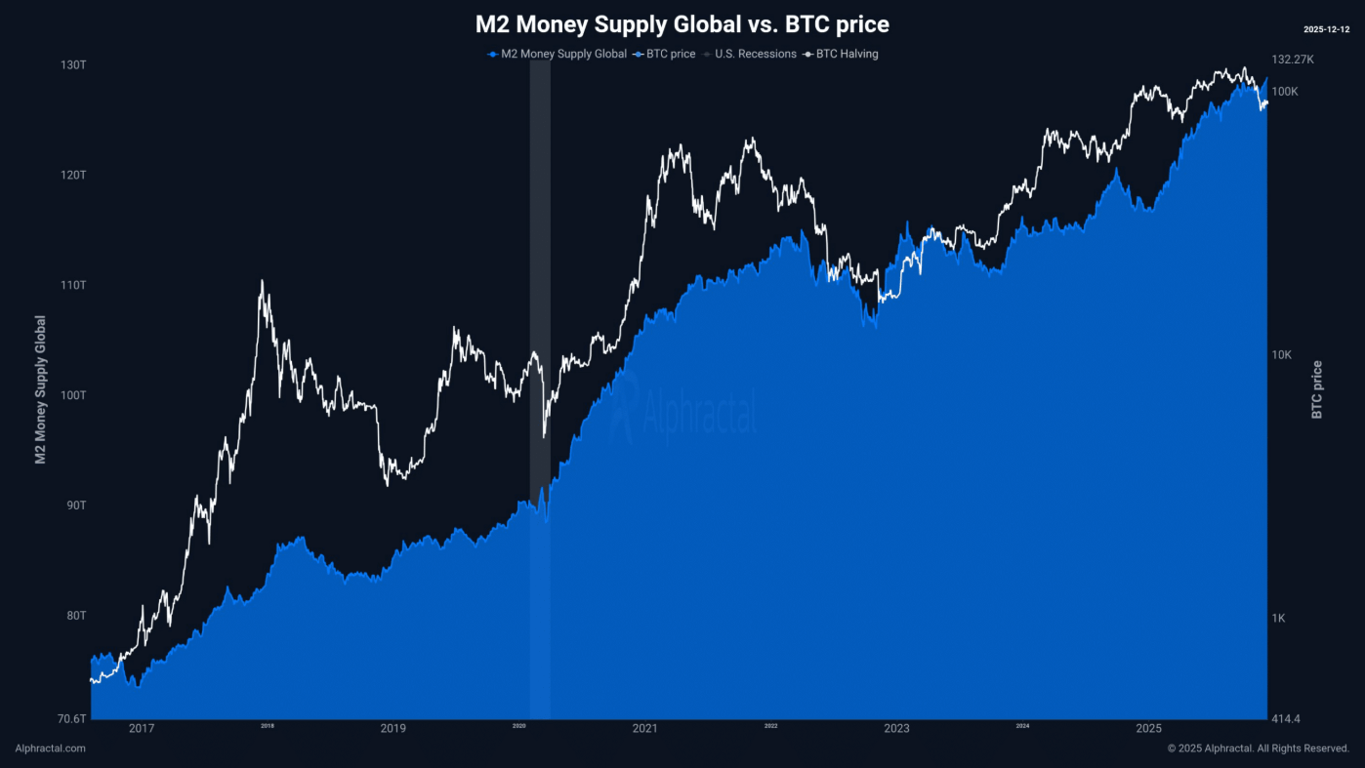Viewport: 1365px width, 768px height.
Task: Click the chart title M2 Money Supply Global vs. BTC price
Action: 682,23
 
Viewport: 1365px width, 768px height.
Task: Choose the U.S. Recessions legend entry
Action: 755,54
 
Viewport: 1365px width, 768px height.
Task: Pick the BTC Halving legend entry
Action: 847,54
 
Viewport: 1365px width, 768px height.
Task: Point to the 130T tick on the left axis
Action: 74,64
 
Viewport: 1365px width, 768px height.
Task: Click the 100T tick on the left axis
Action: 74,395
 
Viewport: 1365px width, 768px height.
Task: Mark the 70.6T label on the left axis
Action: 71,719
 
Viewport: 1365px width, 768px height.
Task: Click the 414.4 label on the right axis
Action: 1285,719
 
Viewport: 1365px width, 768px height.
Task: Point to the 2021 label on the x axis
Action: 644,728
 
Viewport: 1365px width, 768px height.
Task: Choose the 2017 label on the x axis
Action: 142,728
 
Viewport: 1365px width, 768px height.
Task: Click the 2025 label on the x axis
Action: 1148,728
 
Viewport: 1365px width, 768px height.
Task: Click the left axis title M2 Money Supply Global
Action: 40,389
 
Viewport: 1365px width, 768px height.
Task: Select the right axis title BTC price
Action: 1316,389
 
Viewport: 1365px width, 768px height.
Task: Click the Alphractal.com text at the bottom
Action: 51,748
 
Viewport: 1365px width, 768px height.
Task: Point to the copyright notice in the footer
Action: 1258,748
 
